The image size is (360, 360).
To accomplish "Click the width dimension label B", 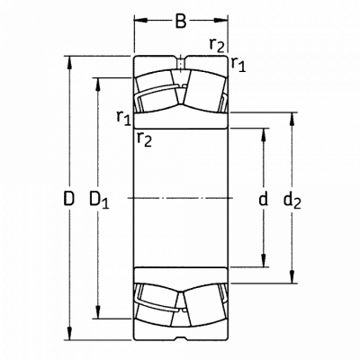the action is coord(181,21).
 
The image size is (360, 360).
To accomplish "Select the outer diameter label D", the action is coord(69,198).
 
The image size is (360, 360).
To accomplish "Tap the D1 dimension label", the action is coord(100,200).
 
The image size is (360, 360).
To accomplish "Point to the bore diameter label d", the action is coord(263,198).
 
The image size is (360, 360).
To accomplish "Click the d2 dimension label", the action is coord(292,200).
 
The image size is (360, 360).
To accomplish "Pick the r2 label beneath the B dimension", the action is coord(217,46).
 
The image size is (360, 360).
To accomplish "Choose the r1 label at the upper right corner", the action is coord(238,65).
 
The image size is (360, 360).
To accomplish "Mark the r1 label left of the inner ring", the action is coord(124,117).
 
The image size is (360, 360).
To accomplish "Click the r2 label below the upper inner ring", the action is coord(144,139).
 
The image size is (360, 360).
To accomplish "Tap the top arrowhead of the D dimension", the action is coord(69,62).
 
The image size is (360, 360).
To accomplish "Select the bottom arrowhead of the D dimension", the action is coord(69,334).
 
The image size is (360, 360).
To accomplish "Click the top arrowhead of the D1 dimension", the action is coord(98,84).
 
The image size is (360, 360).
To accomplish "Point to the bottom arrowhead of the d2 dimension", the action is coord(292,276).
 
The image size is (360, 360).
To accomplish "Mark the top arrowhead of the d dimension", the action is coord(264,135).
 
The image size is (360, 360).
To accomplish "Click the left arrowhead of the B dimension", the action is coord(140,21).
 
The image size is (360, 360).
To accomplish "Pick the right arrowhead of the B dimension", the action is coord(221,21).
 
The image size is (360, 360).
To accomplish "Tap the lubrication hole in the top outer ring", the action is coord(181,64).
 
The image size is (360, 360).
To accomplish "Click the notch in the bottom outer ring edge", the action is coord(181,339).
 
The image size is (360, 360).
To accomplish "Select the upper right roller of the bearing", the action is coord(204,91).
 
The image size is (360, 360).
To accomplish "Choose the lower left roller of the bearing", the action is coord(156,305).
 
